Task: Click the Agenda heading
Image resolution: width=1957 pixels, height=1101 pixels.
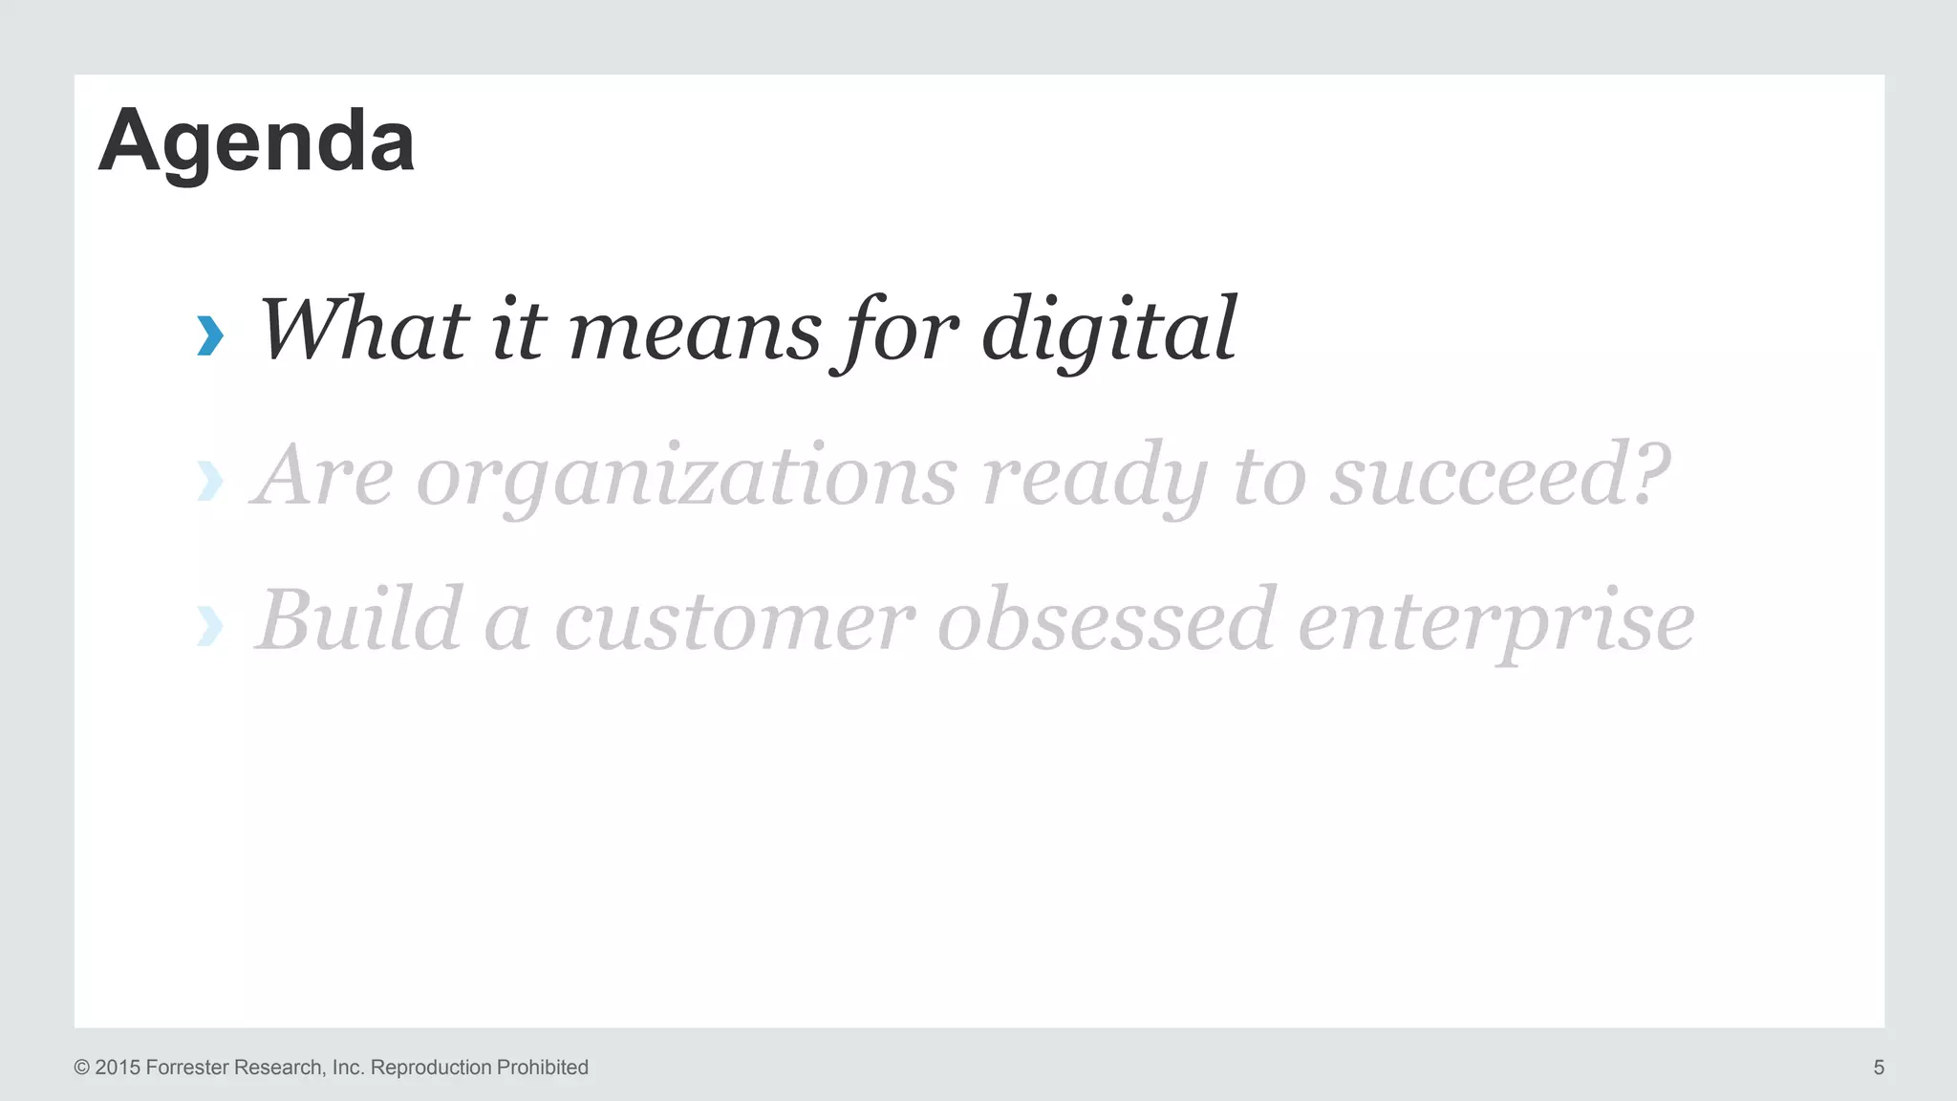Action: coord(256,141)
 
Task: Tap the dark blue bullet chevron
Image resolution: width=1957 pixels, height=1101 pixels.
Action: coord(210,335)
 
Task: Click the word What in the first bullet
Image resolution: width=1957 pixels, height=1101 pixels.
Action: coord(364,330)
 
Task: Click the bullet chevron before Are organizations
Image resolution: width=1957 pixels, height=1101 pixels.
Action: coord(210,481)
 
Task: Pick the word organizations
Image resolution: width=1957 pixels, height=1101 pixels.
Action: coord(686,478)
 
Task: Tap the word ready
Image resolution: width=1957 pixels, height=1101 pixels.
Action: coord(1094,478)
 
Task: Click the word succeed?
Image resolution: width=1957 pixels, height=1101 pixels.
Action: coord(1499,476)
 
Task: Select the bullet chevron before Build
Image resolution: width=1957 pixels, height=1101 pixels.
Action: coord(210,626)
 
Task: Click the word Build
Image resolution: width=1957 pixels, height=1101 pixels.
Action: coord(359,620)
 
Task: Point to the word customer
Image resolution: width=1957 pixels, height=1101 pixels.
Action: coord(734,622)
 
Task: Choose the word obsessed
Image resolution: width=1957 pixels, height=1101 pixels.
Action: coord(1106,620)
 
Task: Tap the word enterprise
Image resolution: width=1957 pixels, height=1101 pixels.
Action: coord(1495,624)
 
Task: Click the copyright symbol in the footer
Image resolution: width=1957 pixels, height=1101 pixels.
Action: coord(82,1068)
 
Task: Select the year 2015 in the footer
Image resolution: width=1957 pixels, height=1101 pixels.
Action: coord(117,1068)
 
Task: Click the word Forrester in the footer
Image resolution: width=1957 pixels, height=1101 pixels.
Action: coord(187,1068)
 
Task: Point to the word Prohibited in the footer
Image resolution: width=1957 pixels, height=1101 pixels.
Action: coord(542,1068)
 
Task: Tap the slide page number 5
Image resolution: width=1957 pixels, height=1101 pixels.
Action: coord(1879,1068)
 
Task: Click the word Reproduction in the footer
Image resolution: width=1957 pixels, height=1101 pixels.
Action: coord(430,1068)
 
